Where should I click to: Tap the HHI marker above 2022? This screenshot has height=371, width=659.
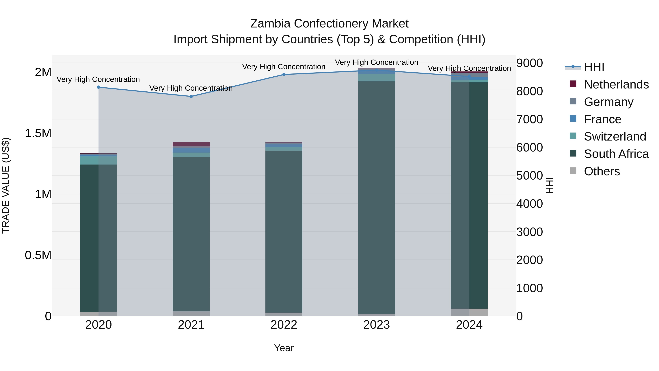click(284, 75)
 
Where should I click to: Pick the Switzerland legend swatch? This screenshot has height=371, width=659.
click(573, 136)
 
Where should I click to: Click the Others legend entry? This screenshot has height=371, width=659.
click(602, 171)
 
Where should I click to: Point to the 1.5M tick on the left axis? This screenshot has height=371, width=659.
click(38, 133)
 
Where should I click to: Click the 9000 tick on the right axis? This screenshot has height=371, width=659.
click(529, 63)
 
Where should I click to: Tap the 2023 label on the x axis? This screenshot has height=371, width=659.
click(376, 325)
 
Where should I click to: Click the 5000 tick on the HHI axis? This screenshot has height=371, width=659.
click(529, 176)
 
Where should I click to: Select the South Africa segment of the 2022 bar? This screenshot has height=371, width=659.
click(284, 230)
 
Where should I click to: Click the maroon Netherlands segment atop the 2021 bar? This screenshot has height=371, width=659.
click(191, 144)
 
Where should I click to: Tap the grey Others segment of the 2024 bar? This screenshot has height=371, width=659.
click(469, 312)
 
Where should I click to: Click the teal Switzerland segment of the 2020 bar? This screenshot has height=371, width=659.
click(98, 160)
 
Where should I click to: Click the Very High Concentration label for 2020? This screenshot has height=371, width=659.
click(98, 79)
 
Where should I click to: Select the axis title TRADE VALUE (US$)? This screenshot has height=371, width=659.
click(6, 185)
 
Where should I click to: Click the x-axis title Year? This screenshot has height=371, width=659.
click(284, 348)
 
